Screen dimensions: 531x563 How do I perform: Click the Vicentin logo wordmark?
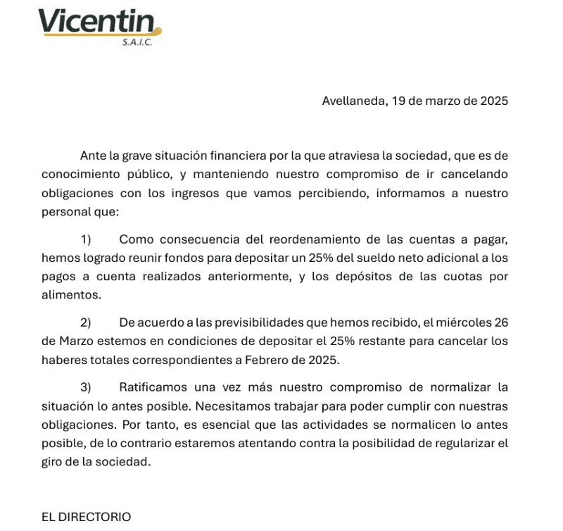tap(99, 23)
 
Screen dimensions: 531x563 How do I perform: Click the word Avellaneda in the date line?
tap(353, 101)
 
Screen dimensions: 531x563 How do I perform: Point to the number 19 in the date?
tap(398, 101)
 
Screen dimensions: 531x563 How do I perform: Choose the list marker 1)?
tap(87, 239)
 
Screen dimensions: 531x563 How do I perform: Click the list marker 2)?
tap(87, 323)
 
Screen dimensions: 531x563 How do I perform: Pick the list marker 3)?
tap(87, 387)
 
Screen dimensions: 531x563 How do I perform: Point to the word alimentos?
tap(71, 296)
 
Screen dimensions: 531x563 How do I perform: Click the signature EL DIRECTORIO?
tap(86, 517)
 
